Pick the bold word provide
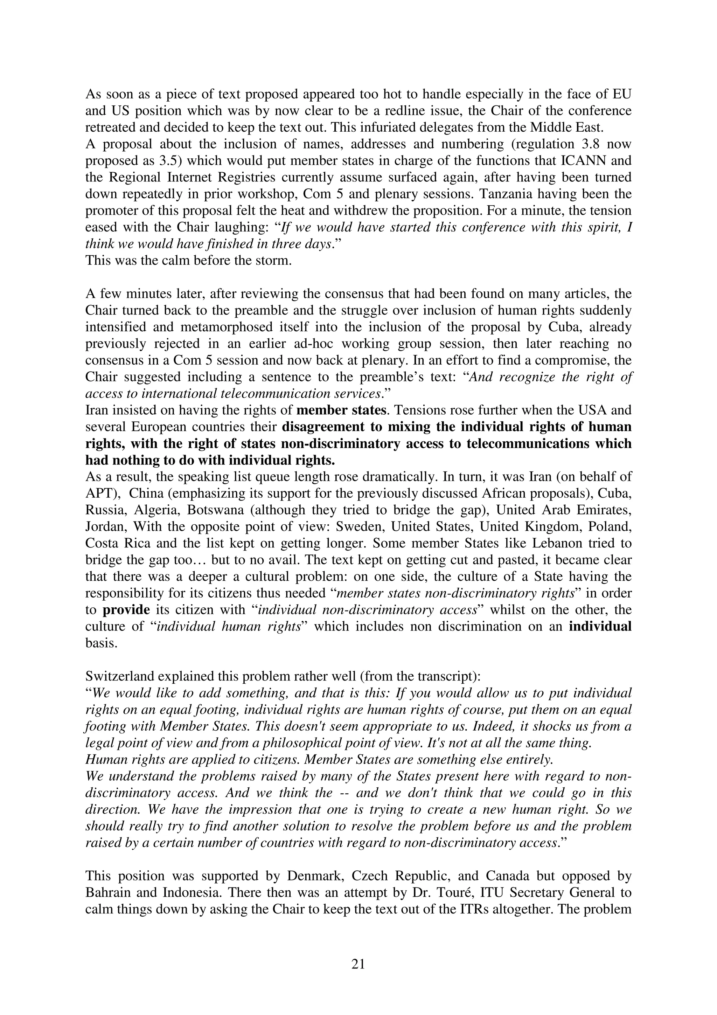(x=126, y=610)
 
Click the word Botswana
(x=215, y=510)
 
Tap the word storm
(x=272, y=260)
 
